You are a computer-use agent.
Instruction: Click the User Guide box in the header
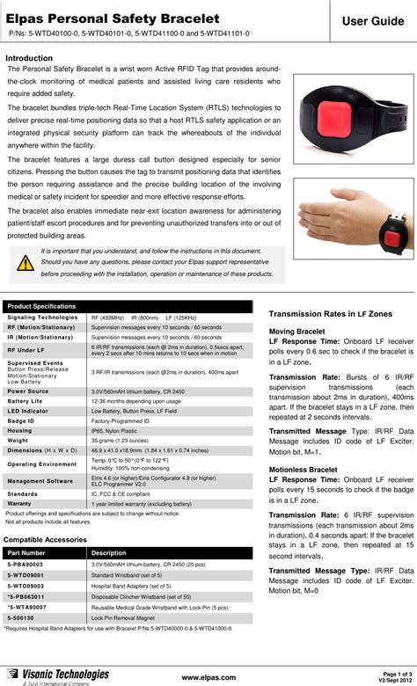click(x=369, y=19)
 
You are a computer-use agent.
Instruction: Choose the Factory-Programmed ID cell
click(x=121, y=420)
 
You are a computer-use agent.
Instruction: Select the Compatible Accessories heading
click(x=48, y=537)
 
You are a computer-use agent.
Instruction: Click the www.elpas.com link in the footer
click(x=208, y=677)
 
